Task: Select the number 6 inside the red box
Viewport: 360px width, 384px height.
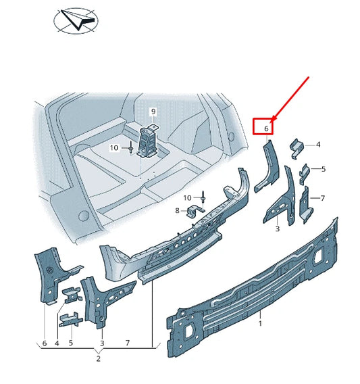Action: [x=266, y=128]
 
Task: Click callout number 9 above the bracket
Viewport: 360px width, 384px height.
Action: [x=153, y=111]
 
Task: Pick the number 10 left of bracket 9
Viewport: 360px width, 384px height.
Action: [x=113, y=147]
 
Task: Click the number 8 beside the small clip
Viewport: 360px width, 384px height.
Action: [x=178, y=211]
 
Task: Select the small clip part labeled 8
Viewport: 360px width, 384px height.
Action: [x=195, y=212]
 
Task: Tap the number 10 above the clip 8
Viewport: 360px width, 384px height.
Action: [x=188, y=197]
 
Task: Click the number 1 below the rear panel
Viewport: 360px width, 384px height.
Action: [x=260, y=325]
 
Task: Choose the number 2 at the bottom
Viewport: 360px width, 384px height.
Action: [x=99, y=358]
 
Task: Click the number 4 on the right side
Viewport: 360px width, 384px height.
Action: [x=318, y=145]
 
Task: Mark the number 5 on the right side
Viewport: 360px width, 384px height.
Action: [x=323, y=169]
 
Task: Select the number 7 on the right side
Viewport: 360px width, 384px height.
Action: [x=323, y=198]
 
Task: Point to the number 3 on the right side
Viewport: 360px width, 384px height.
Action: [x=277, y=230]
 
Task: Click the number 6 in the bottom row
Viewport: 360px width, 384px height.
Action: [x=45, y=343]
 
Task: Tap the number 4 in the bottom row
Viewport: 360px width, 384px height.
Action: [x=57, y=343]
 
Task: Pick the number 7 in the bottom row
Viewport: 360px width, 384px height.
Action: [x=128, y=343]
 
